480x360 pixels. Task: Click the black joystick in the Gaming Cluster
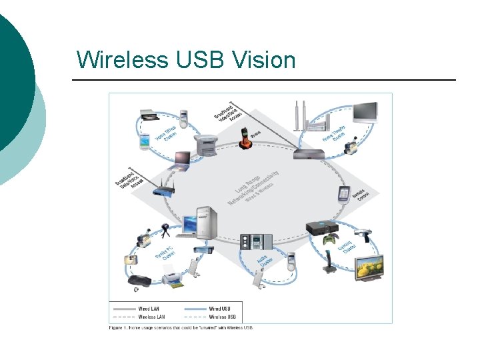[x=328, y=262]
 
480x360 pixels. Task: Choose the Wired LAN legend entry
[x=149, y=309]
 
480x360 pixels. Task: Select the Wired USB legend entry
[x=221, y=309]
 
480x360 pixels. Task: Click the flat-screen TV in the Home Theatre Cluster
[x=365, y=112]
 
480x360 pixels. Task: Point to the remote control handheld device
[x=344, y=194]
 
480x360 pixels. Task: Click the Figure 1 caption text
[x=181, y=327]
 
